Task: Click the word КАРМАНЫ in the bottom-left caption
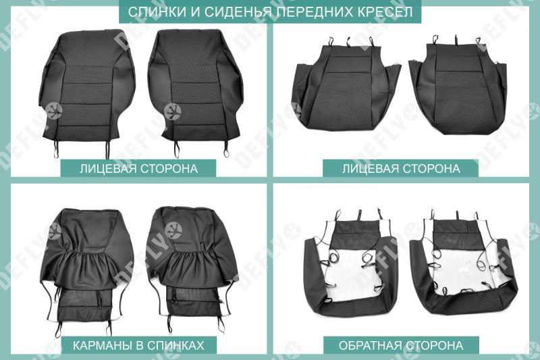[101, 345]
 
